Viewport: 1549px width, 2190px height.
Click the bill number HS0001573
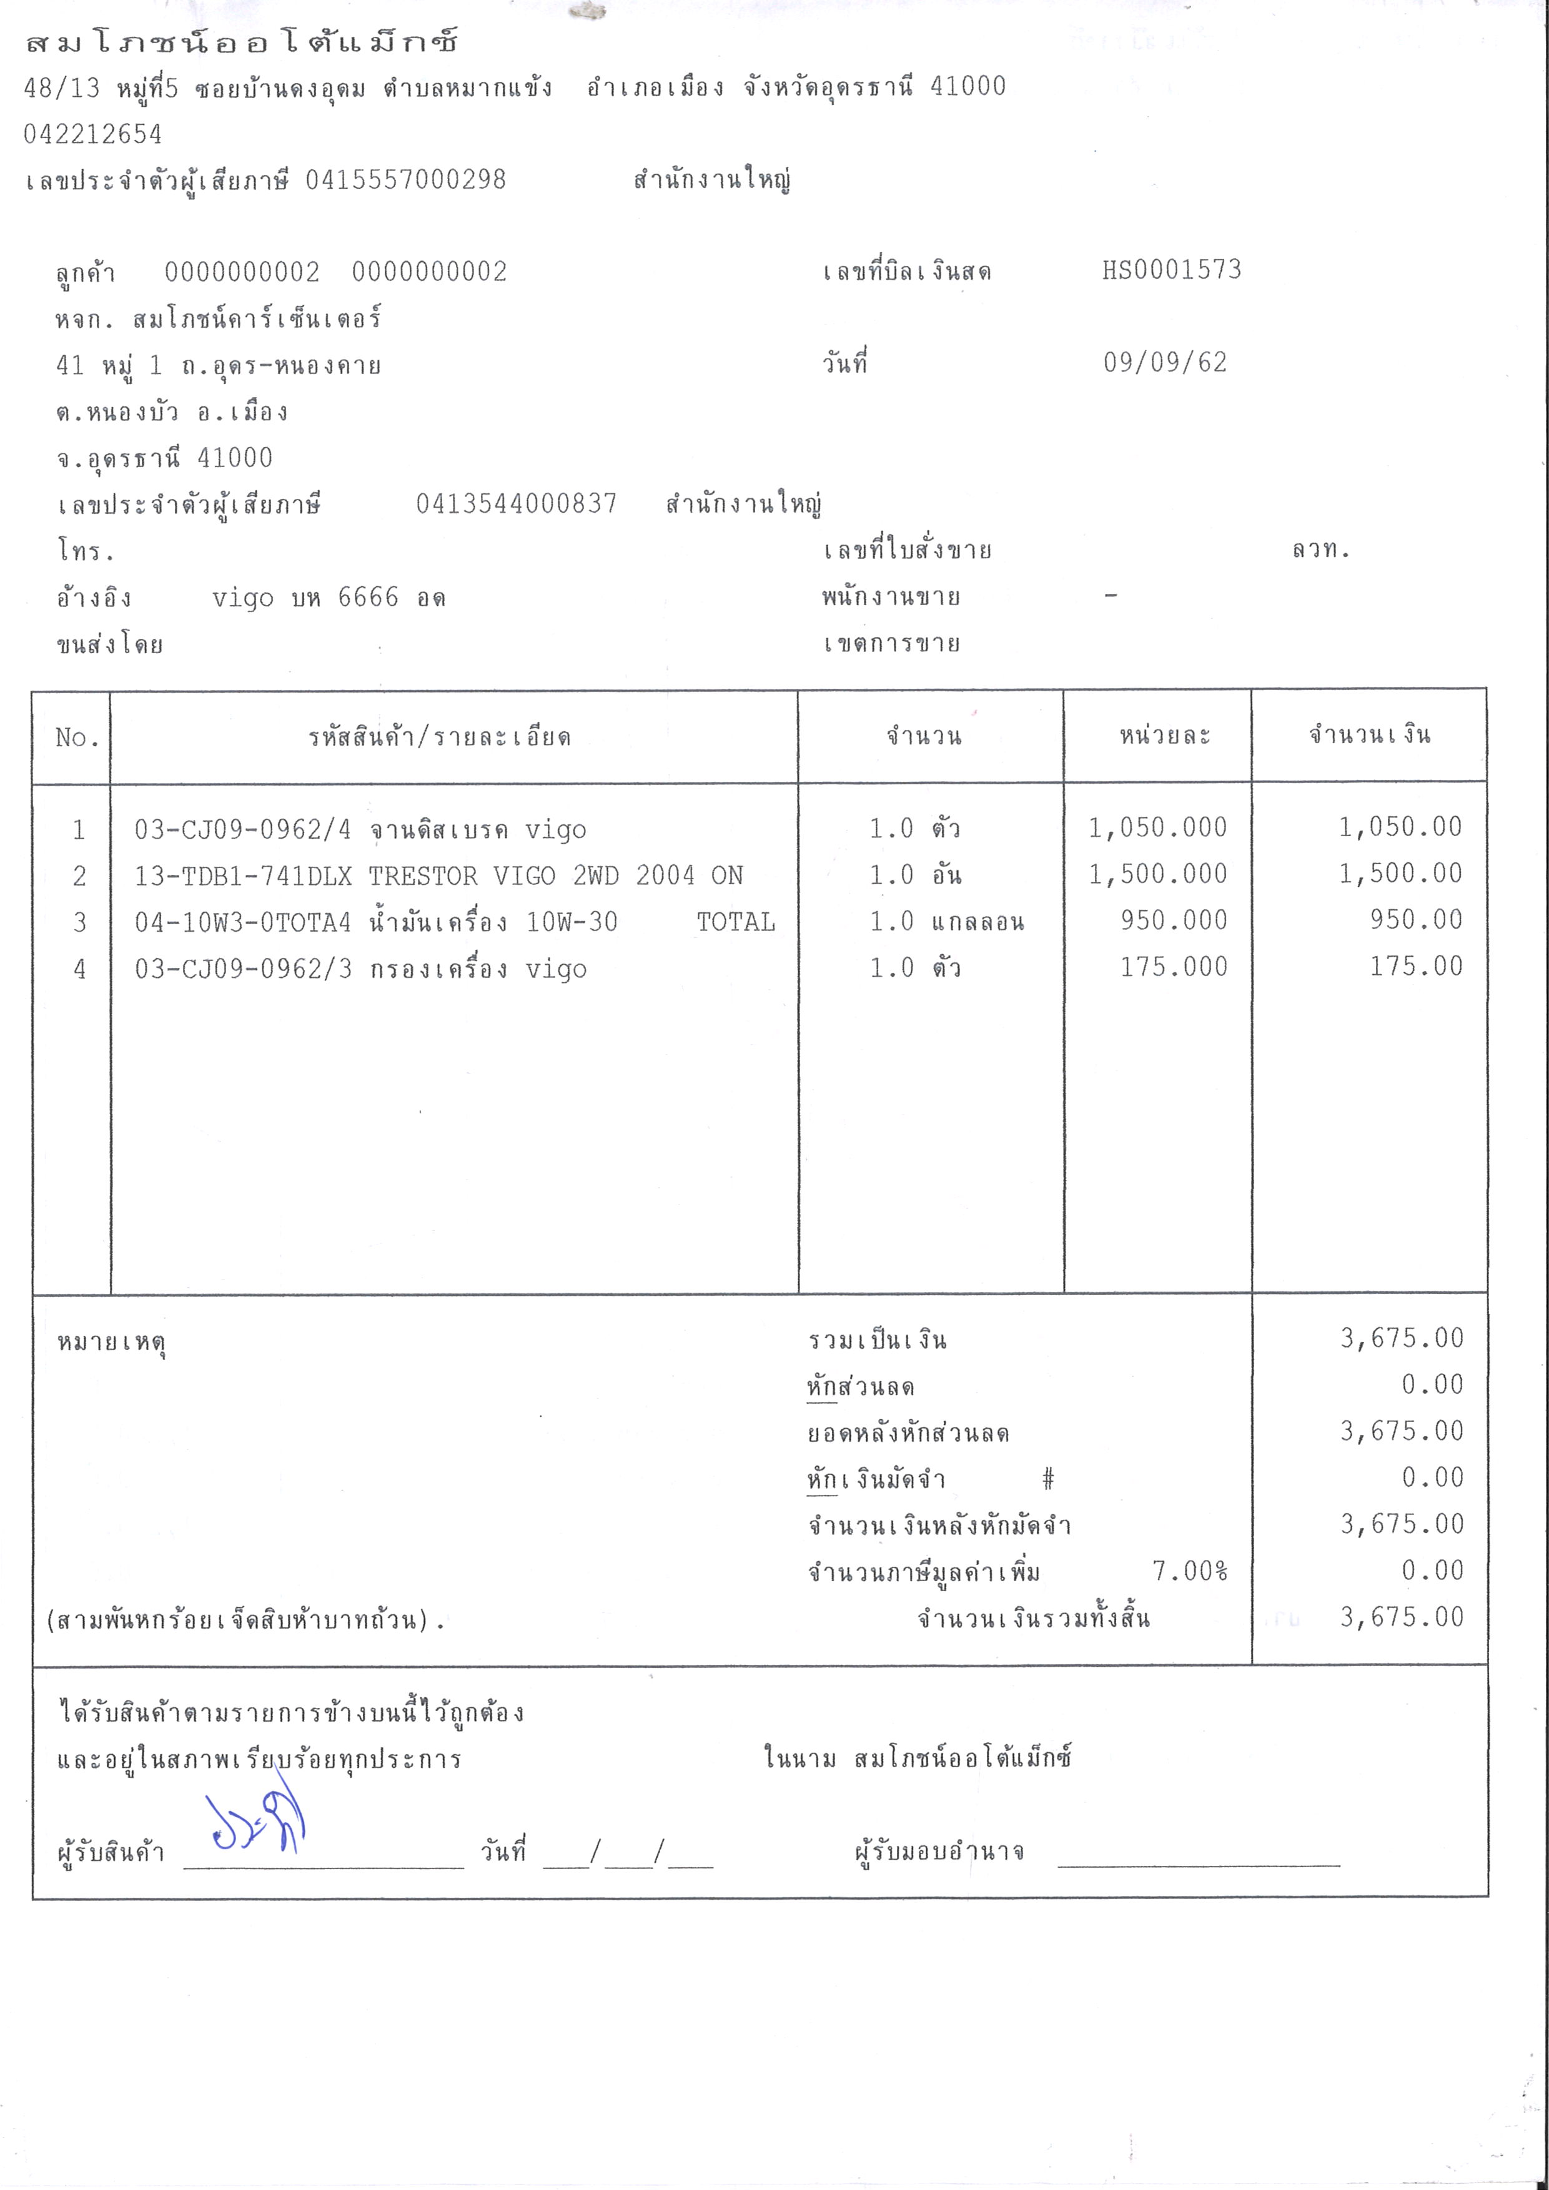point(1171,270)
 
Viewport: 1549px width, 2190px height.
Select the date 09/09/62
point(1165,362)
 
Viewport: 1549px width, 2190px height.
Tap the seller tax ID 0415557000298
point(405,179)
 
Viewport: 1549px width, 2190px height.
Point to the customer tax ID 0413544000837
point(516,503)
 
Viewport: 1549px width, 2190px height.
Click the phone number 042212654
point(92,134)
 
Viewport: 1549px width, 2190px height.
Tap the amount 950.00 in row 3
point(1415,919)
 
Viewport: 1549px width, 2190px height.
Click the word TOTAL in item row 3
point(735,922)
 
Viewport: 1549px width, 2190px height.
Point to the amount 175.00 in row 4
point(1415,966)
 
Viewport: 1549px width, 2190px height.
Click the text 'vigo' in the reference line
point(242,598)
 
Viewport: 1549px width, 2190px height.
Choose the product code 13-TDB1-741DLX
point(242,876)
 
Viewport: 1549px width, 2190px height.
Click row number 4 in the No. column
point(79,969)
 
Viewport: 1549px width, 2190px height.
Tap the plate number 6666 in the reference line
point(368,598)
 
